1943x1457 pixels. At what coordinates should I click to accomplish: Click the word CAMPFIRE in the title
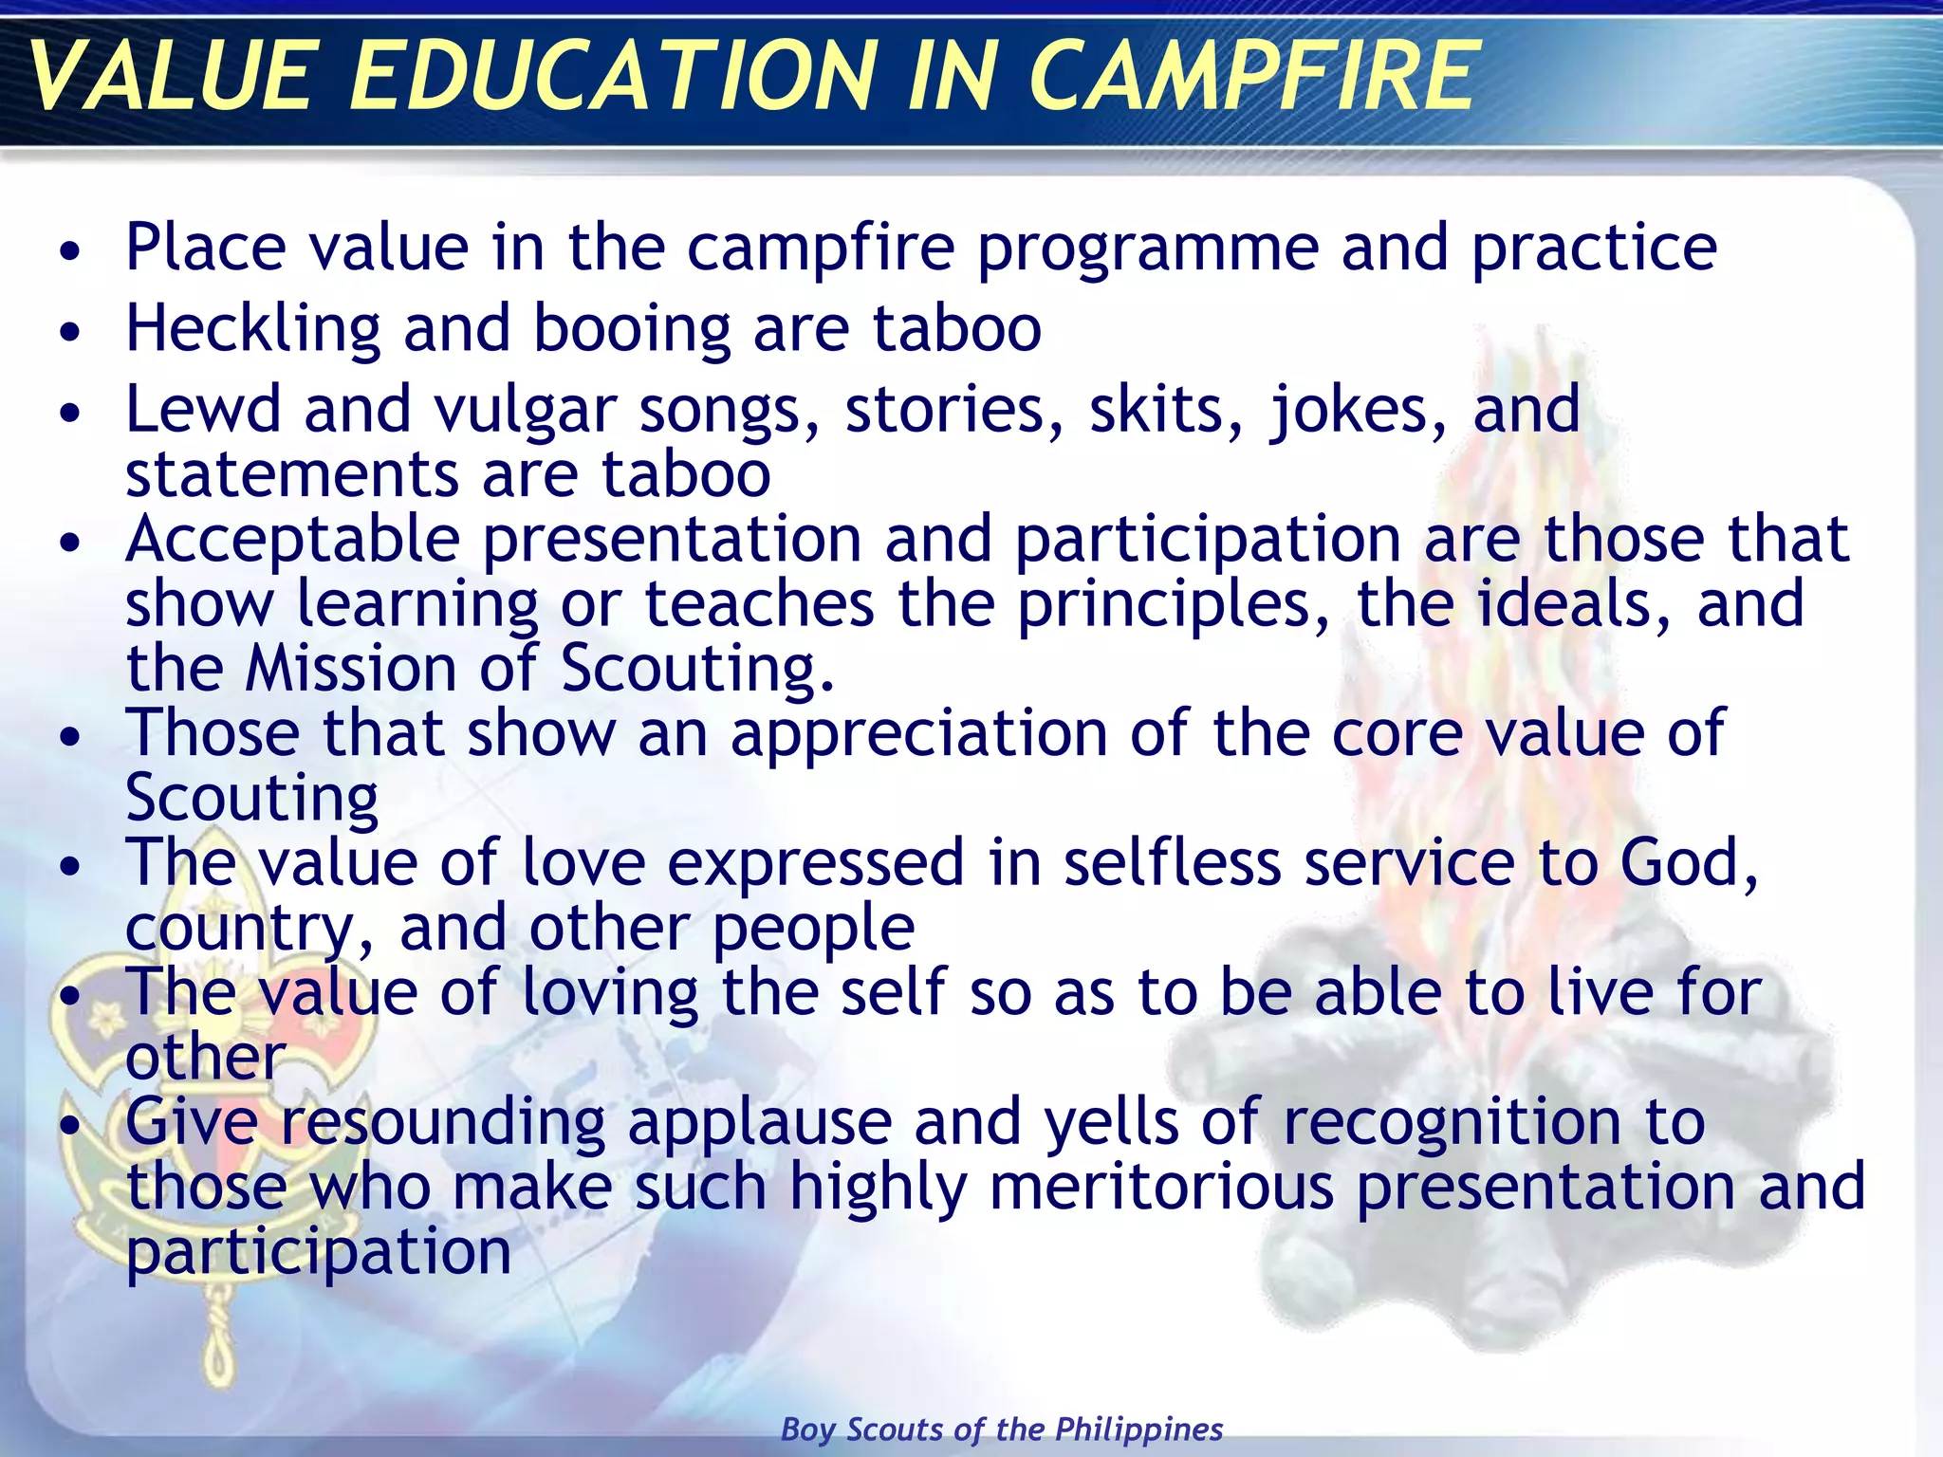point(1250,76)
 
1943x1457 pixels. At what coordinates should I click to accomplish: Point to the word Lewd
point(203,409)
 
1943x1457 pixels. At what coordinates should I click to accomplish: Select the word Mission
point(350,668)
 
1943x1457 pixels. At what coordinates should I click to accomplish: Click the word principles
point(1174,605)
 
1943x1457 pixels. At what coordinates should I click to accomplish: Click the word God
point(1688,863)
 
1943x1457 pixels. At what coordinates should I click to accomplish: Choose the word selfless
point(1173,863)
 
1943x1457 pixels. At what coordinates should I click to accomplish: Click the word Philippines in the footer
point(1138,1429)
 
